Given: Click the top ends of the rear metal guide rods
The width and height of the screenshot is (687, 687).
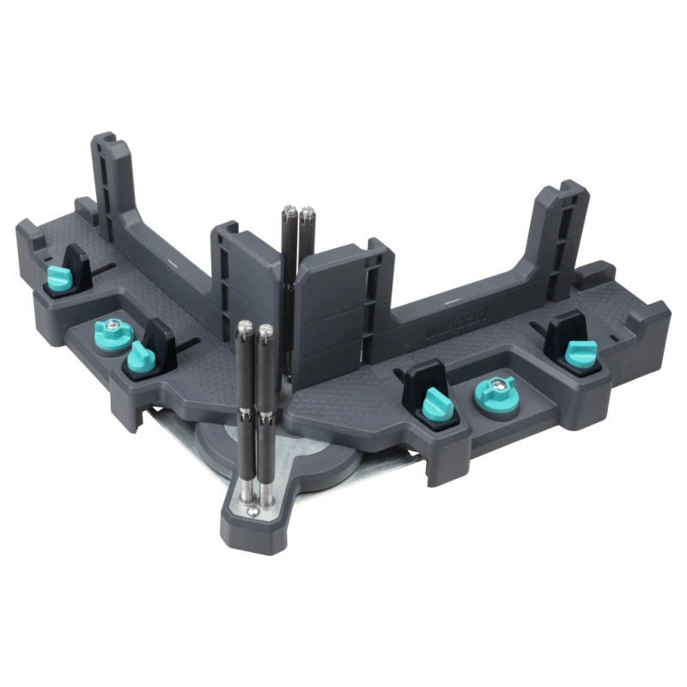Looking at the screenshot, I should [x=297, y=210].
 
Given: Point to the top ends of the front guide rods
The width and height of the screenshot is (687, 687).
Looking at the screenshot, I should [x=254, y=327].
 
